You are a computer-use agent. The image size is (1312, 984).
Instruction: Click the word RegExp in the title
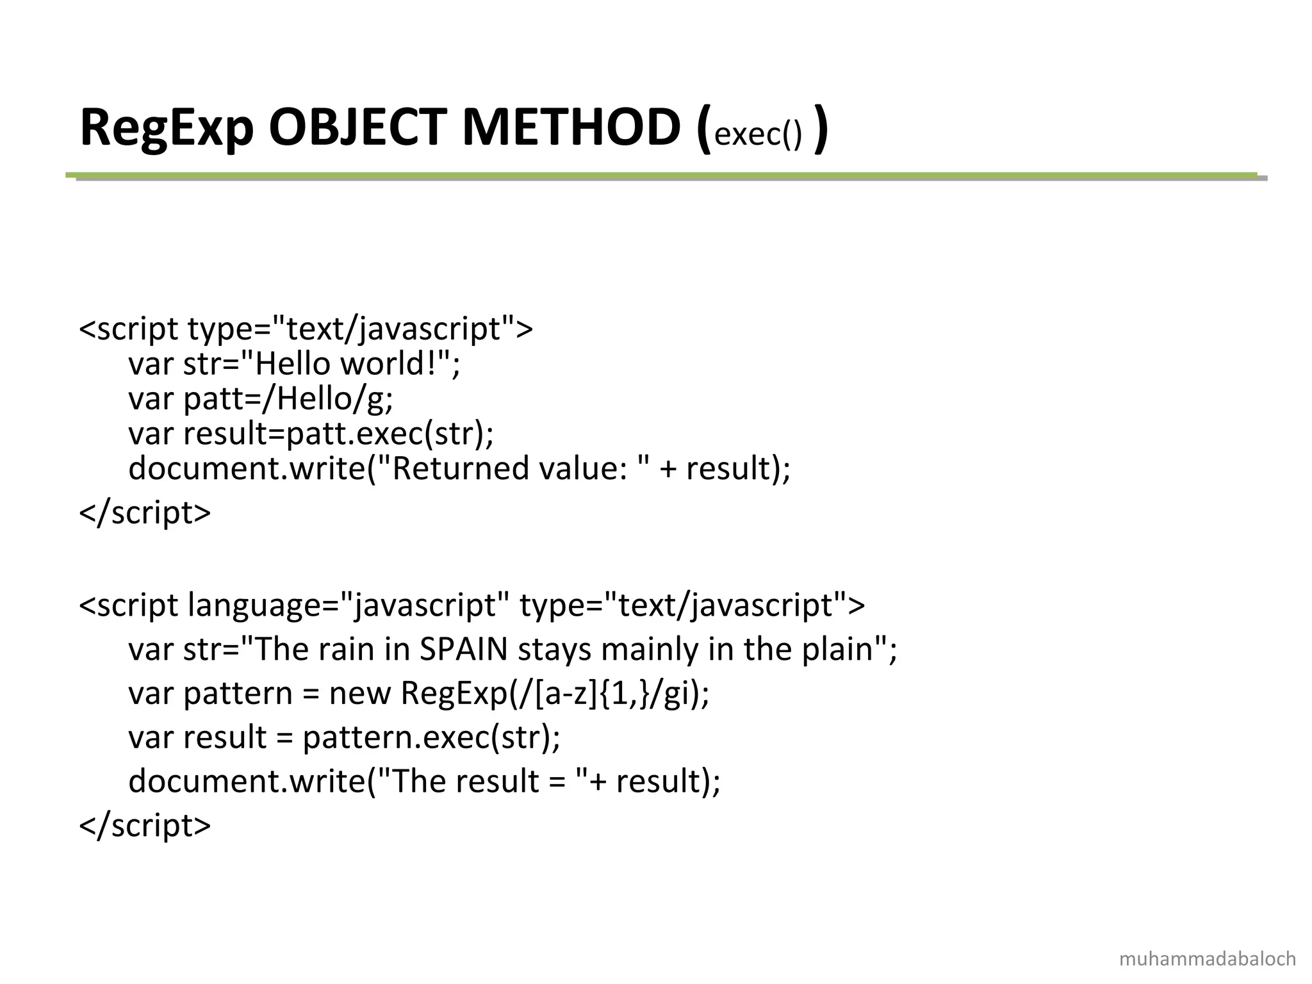pyautogui.click(x=167, y=128)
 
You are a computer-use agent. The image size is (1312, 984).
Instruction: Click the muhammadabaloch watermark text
pyautogui.click(x=1207, y=959)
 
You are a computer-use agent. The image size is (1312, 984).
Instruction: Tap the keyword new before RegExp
pyautogui.click(x=359, y=693)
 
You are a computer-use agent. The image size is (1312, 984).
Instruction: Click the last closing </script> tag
pyautogui.click(x=145, y=825)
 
